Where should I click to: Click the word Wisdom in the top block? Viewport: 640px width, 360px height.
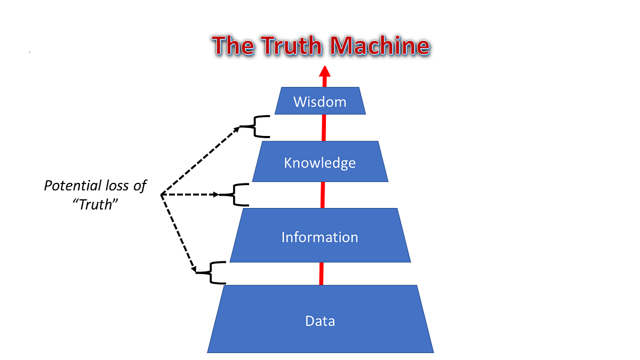click(319, 101)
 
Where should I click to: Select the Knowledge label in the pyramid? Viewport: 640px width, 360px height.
click(319, 162)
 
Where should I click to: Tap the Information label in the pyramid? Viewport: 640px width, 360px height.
click(319, 236)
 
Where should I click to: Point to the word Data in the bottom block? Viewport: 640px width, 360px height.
click(320, 321)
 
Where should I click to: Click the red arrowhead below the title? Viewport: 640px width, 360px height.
click(324, 72)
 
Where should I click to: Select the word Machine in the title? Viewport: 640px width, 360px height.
click(379, 46)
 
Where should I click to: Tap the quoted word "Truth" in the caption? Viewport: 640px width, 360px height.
click(95, 204)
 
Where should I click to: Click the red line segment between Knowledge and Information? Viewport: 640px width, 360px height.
click(322, 195)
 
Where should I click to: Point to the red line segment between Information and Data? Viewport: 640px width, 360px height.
click(321, 273)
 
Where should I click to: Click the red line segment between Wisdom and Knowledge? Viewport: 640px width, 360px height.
click(323, 127)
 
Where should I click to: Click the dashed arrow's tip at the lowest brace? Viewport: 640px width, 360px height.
click(196, 271)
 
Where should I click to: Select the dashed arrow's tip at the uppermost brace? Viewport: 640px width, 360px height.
click(238, 127)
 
